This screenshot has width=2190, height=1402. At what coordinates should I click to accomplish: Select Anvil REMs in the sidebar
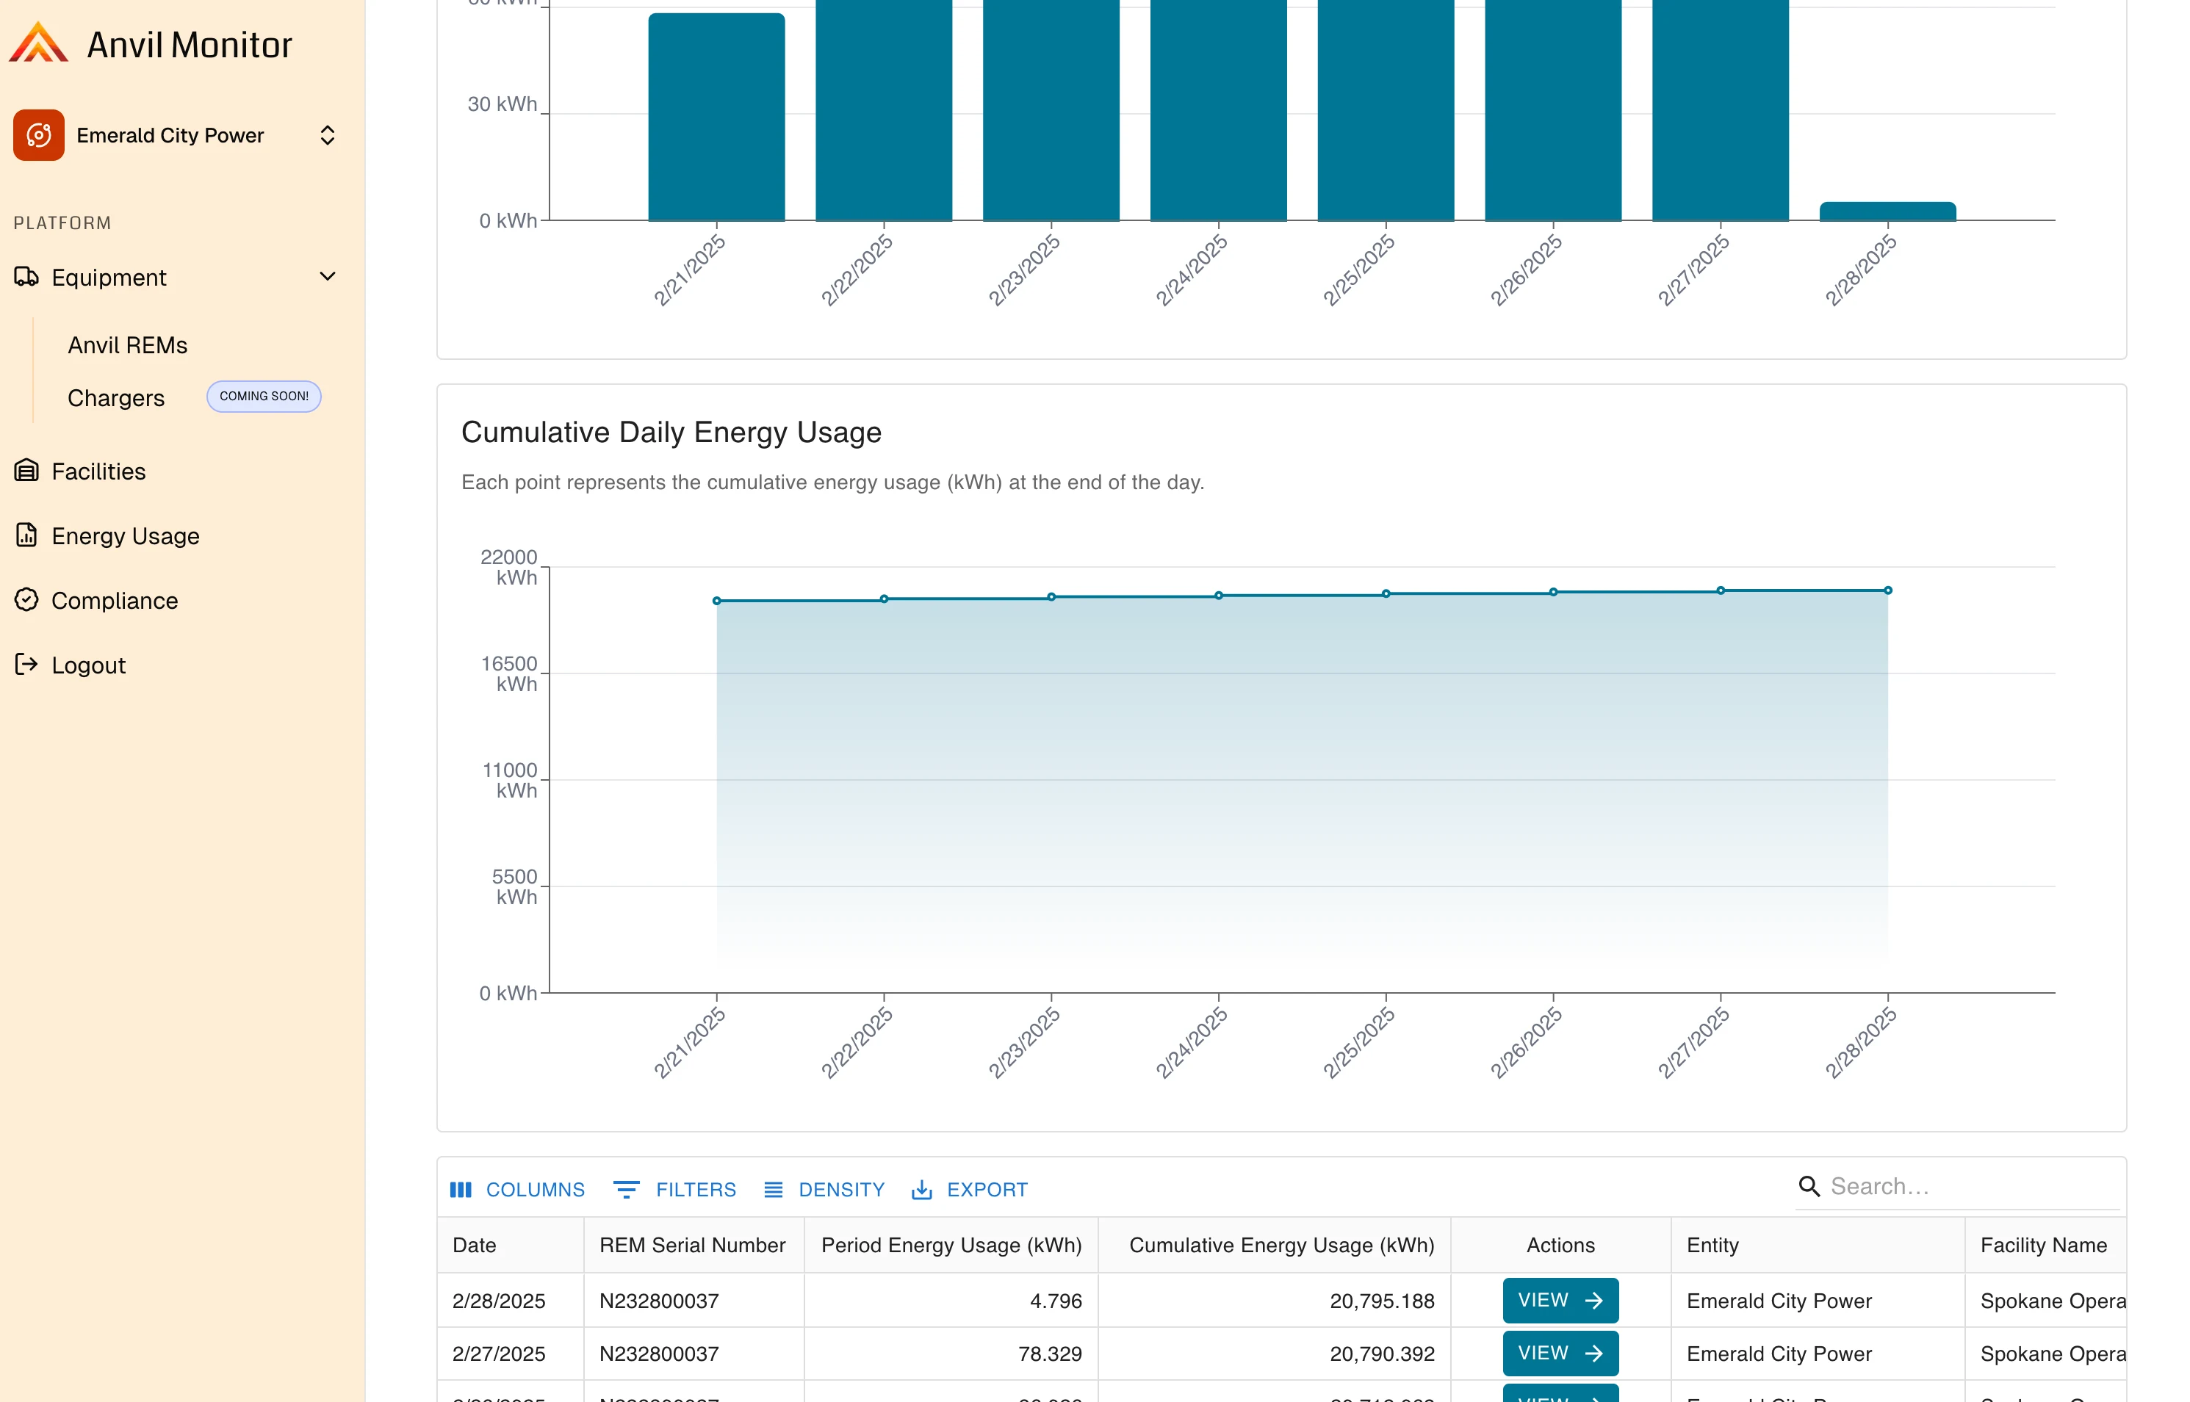[x=128, y=345]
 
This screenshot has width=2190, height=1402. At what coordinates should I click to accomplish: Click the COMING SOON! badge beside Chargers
[x=263, y=396]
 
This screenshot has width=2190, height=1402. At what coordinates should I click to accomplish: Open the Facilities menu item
[x=98, y=471]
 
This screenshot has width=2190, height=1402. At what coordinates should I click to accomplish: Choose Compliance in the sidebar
[x=114, y=601]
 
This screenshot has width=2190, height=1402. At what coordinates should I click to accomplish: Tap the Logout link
[x=88, y=665]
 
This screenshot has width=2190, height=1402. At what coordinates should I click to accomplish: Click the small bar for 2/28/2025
[x=1887, y=212]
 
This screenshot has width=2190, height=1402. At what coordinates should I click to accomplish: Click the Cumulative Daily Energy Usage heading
[x=671, y=433]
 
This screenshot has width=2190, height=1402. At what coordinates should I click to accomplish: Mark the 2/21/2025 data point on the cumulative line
[x=716, y=601]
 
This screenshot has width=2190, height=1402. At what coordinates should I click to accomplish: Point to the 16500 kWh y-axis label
[x=509, y=673]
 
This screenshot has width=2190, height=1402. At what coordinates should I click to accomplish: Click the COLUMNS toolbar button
[x=517, y=1190]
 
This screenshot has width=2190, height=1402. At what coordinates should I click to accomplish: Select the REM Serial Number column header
[x=692, y=1246]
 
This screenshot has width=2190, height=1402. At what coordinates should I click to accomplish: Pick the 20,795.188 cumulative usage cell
[x=1381, y=1301]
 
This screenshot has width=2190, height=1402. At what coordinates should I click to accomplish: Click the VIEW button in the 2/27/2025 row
[x=1560, y=1354]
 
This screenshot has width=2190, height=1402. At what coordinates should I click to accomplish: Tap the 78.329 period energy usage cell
[x=1049, y=1354]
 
